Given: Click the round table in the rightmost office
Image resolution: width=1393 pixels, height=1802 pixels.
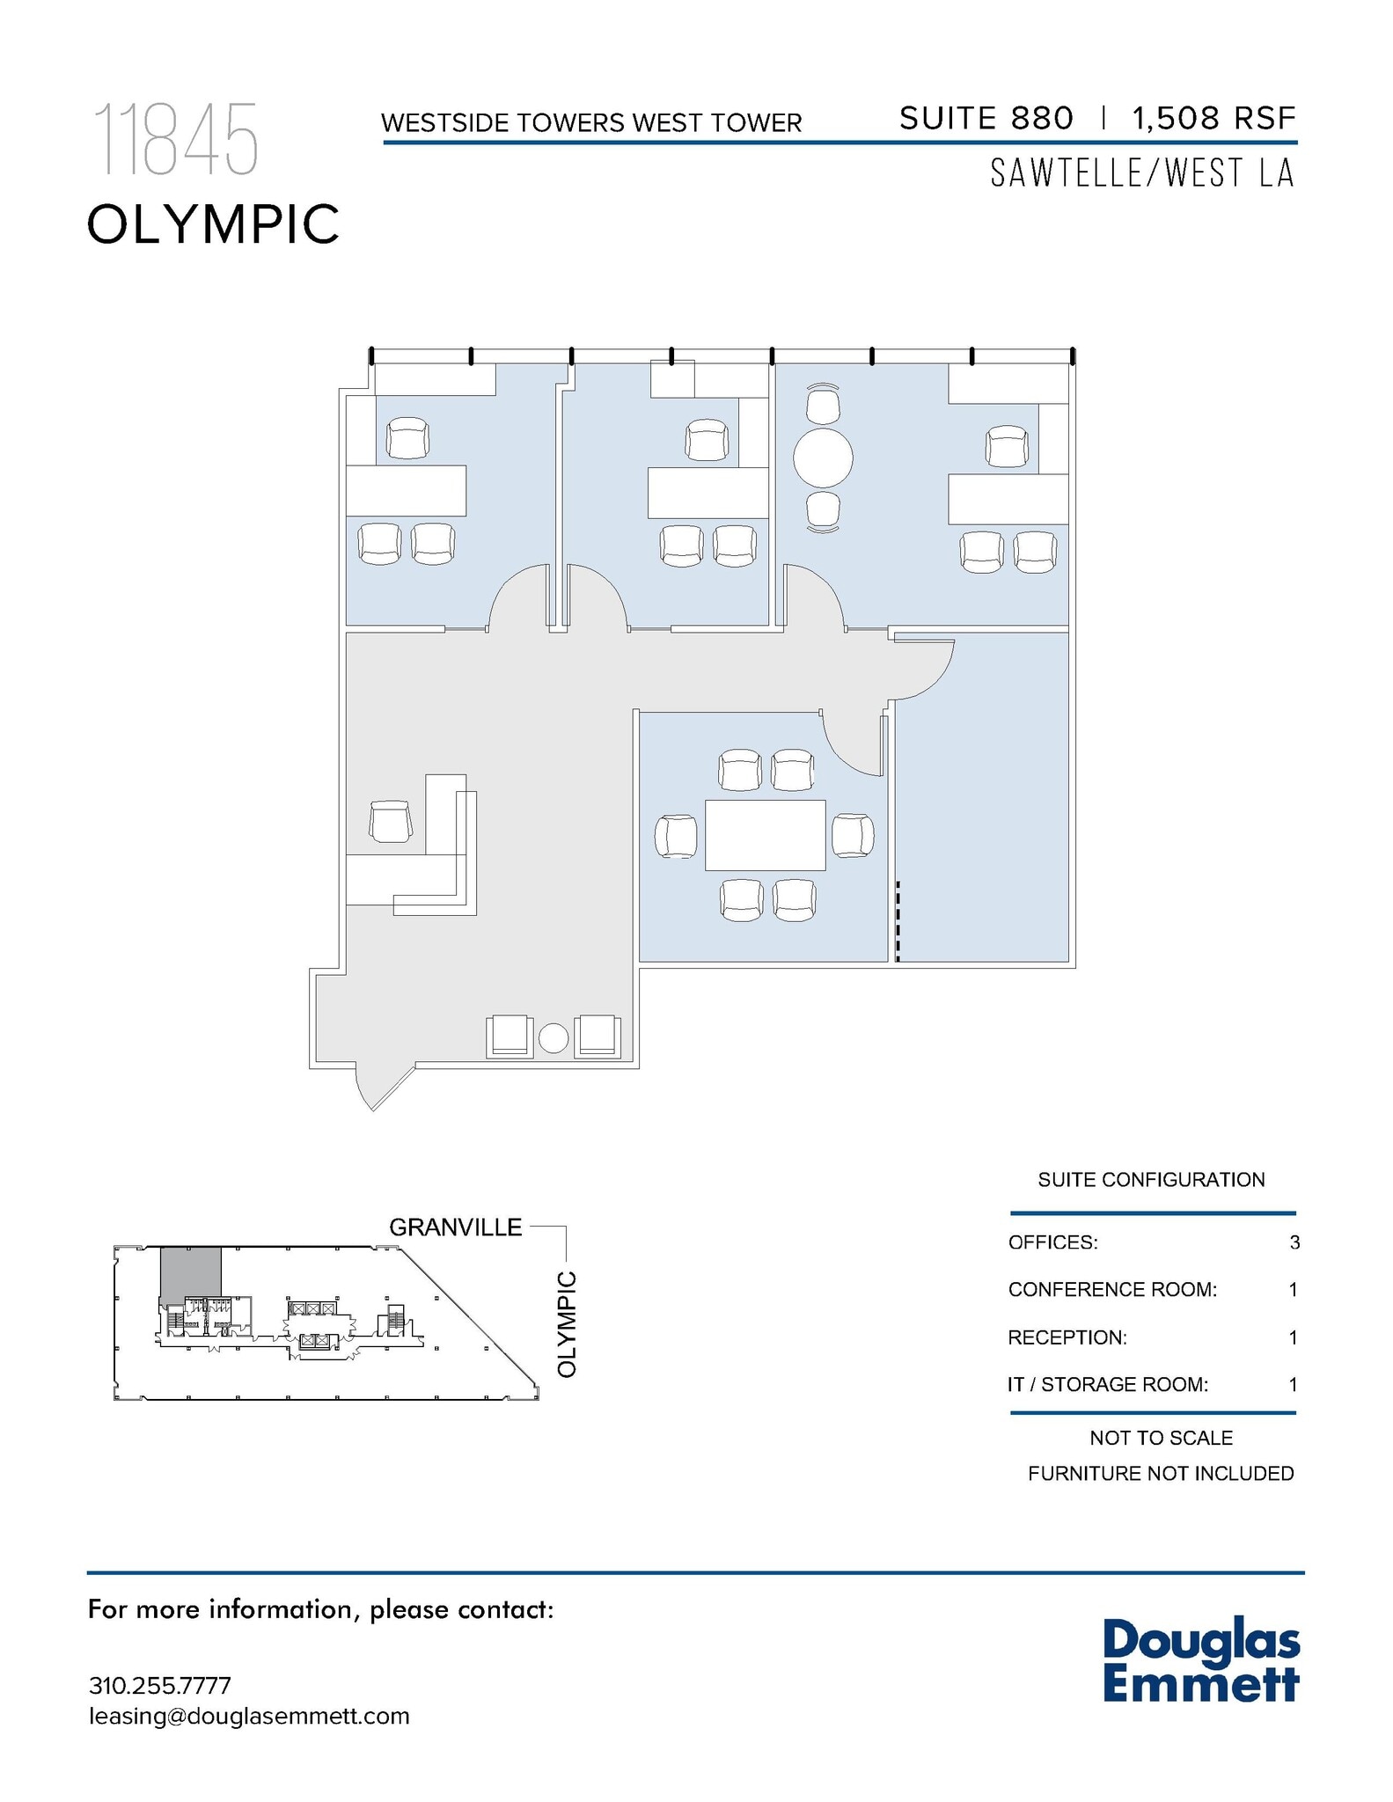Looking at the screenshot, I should [823, 457].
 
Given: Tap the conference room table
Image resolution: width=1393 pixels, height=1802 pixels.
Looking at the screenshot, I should [765, 835].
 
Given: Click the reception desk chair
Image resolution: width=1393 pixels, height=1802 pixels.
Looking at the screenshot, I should [390, 822].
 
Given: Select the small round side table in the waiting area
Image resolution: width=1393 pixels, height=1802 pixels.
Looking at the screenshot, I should [554, 1038].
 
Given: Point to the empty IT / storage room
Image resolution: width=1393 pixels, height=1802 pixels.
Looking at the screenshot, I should [982, 792].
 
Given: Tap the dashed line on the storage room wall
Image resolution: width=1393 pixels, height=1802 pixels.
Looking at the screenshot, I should [898, 920].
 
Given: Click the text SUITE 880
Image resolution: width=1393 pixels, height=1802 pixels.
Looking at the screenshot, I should [986, 118].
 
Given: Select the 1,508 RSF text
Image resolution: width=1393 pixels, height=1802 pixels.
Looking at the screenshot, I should [1213, 118].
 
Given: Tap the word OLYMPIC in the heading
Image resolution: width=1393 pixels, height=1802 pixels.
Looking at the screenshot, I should [213, 223].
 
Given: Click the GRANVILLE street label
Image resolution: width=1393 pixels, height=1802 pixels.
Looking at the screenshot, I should [455, 1227].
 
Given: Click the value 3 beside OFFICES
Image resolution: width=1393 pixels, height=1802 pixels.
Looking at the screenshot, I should [1294, 1242].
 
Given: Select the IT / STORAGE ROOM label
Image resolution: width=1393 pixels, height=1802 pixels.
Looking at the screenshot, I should [1107, 1384].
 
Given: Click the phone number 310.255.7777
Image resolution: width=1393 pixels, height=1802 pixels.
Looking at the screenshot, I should [159, 1686].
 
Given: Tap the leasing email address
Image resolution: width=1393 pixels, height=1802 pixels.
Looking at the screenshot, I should [249, 1716].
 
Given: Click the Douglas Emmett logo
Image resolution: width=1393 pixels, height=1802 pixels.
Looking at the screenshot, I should [1200, 1660].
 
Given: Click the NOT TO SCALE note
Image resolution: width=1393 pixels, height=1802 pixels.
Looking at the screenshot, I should [1160, 1438].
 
